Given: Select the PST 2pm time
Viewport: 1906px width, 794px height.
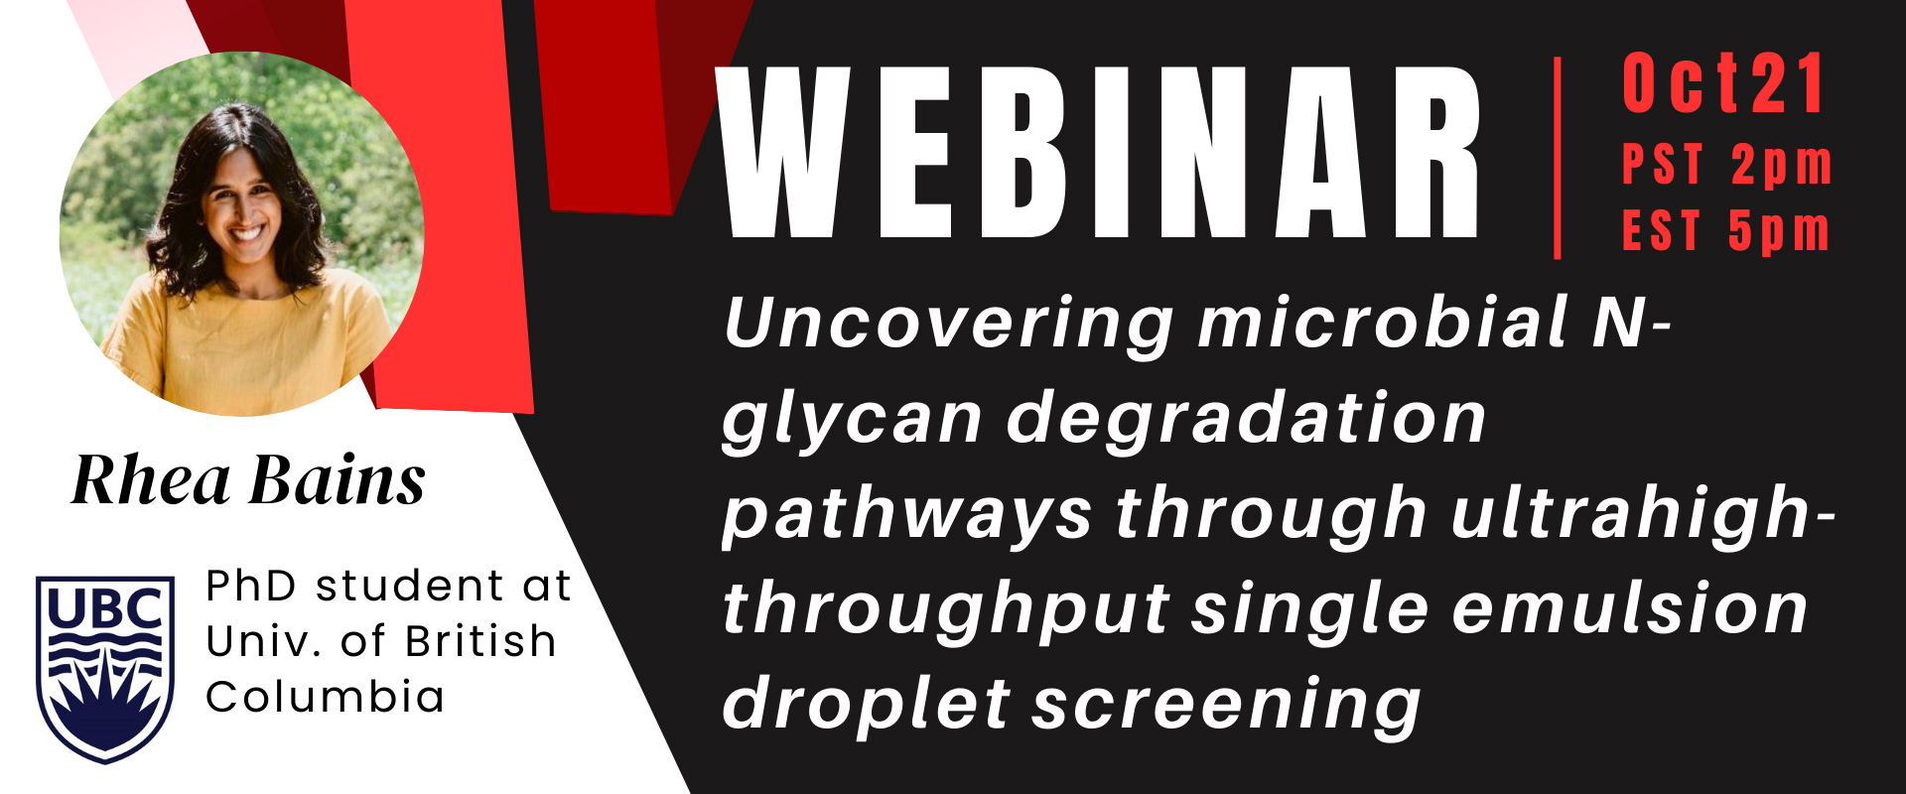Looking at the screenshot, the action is coord(1727,165).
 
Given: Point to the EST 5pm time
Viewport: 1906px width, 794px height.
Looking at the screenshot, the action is coord(1726,231).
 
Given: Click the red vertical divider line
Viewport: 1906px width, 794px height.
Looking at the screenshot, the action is coord(1557,159).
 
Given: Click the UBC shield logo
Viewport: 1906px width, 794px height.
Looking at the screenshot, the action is coord(105,669).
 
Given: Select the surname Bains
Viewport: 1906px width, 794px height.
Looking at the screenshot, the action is coord(338,481).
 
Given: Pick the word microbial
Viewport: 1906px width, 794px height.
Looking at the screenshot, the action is coord(1384,322).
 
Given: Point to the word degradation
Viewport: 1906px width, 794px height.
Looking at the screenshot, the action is coord(1246,417).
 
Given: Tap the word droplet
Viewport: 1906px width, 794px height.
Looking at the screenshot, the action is coord(867,705).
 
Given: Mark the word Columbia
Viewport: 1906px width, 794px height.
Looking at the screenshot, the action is coord(326,697).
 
